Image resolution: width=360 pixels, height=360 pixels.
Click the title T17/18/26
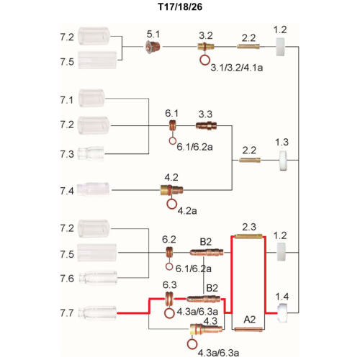point(180,6)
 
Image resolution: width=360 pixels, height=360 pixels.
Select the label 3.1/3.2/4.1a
point(237,68)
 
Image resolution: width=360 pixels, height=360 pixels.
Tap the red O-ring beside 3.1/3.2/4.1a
point(204,60)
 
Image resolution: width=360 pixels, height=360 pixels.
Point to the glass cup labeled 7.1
point(91,98)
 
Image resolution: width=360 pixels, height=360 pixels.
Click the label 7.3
point(67,154)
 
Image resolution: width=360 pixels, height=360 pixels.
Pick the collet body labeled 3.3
point(207,125)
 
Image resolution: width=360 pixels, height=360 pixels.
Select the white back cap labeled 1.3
point(283,161)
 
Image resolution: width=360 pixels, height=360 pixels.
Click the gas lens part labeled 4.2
point(171,190)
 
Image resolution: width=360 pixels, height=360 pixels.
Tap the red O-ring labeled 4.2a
point(171,204)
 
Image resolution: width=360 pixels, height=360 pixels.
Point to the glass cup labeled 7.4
point(94,190)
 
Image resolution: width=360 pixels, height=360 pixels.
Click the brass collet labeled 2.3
point(248,236)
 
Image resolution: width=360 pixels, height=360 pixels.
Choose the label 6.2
point(169,239)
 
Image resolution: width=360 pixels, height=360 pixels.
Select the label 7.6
point(67,279)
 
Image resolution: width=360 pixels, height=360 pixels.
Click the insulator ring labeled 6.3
point(169,299)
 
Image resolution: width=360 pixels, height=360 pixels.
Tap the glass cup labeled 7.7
point(98,313)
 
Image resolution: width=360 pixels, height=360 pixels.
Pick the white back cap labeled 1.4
point(282,313)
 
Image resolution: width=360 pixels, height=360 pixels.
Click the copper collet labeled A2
point(248,329)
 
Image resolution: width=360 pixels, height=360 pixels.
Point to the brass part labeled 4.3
point(206,329)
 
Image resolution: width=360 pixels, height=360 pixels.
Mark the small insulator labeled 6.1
point(173,125)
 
